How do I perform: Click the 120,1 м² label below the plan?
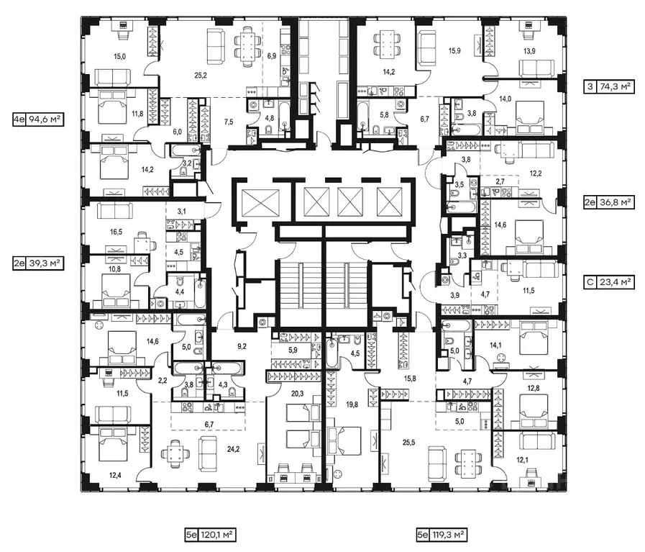(209, 535)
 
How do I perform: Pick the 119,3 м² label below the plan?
(442, 535)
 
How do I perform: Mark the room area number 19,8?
(351, 405)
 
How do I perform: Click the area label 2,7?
(500, 182)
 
